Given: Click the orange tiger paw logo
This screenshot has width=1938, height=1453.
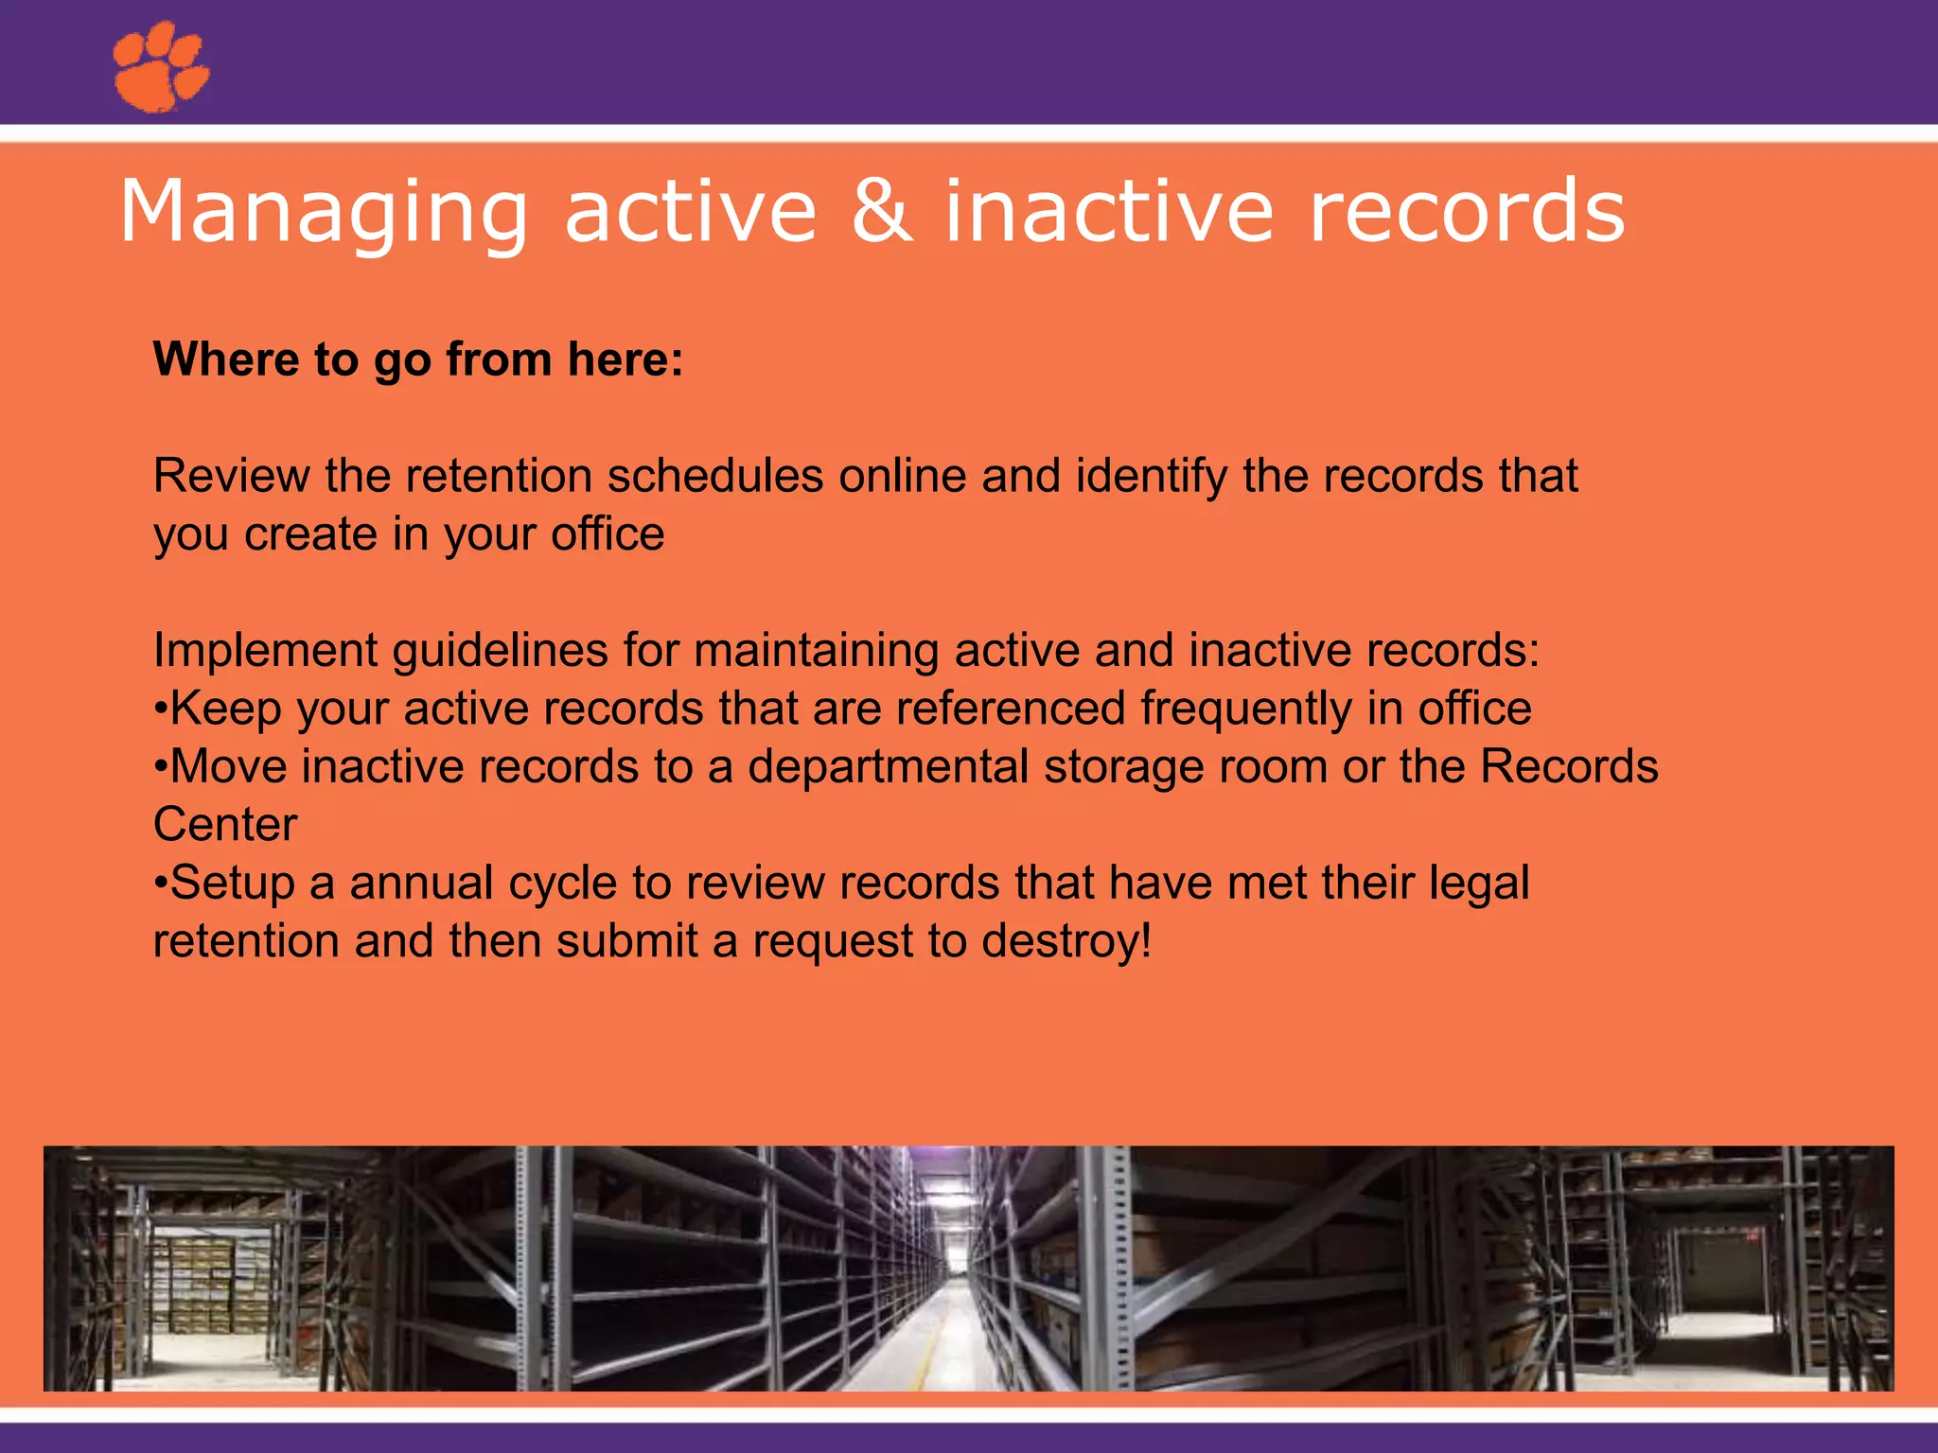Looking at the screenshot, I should tap(160, 67).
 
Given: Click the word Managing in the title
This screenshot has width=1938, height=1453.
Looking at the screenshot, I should tap(322, 214).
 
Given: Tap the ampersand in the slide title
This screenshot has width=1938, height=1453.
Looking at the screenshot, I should tap(882, 212).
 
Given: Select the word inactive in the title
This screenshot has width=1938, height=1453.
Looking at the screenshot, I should tap(1109, 212).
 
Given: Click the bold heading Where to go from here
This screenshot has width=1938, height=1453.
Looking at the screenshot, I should tap(418, 359).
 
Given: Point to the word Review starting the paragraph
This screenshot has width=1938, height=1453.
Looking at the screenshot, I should tap(231, 476).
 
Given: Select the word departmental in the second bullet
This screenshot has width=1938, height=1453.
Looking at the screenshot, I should tap(888, 767).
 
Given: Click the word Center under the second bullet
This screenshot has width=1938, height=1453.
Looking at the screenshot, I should tap(225, 825).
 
